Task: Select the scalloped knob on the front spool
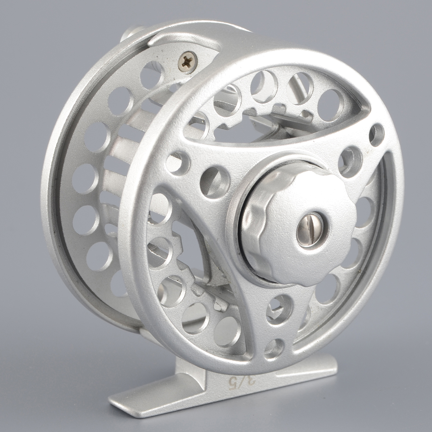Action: (x=298, y=226)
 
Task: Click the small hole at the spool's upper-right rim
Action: (x=377, y=135)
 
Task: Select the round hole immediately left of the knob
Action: (x=215, y=183)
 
